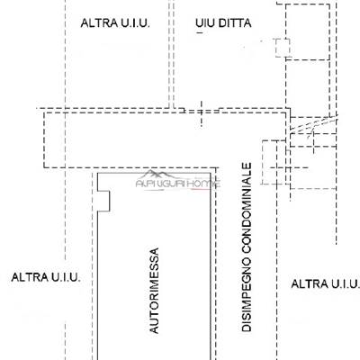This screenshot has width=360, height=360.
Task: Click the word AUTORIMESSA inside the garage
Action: click(154, 291)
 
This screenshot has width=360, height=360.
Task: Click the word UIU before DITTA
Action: click(205, 23)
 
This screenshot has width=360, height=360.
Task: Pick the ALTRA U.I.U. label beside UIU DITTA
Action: click(115, 23)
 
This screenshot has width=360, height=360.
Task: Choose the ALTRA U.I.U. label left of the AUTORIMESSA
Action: click(46, 277)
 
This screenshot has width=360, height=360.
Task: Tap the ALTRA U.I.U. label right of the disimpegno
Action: click(326, 283)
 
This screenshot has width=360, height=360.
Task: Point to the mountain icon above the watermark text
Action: click(156, 174)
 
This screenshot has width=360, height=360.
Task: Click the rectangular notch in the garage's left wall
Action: click(103, 201)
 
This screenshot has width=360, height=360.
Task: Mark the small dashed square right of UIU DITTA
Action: click(283, 48)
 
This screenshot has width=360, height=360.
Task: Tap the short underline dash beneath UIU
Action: click(200, 32)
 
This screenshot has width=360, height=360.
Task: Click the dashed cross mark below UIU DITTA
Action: click(201, 113)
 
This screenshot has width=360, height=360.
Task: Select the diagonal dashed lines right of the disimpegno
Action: click(314, 124)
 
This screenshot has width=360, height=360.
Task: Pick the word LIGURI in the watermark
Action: click(170, 184)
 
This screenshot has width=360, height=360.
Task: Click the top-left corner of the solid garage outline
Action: click(98, 173)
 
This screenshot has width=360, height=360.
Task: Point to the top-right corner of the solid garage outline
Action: click(211, 173)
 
